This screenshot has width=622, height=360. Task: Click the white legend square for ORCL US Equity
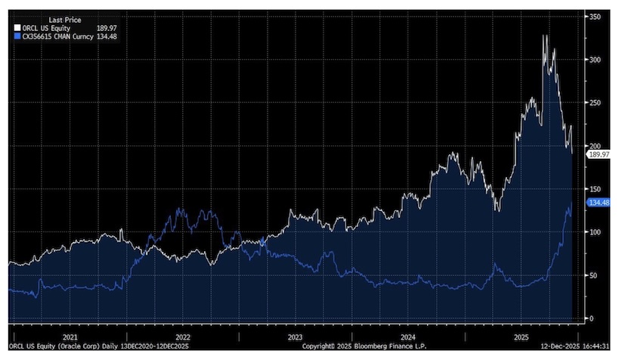(16, 29)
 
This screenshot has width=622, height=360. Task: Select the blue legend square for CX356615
(16, 36)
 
